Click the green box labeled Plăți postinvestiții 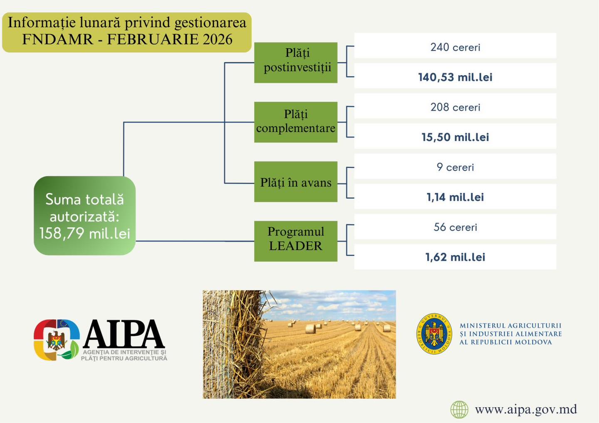pyautogui.click(x=295, y=62)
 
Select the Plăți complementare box pyautogui.click(x=295, y=122)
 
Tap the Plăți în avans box pyautogui.click(x=295, y=182)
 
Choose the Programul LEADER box pyautogui.click(x=295, y=241)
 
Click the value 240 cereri pyautogui.click(x=455, y=47)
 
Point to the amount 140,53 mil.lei pyautogui.click(x=455, y=77)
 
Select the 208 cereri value pyautogui.click(x=455, y=107)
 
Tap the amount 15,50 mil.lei pyautogui.click(x=455, y=137)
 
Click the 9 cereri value pyautogui.click(x=455, y=167)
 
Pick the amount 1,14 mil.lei pyautogui.click(x=455, y=197)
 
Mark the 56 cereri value pyautogui.click(x=455, y=227)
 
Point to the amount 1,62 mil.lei pyautogui.click(x=455, y=257)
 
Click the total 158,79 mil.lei pyautogui.click(x=85, y=233)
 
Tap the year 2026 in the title pyautogui.click(x=218, y=39)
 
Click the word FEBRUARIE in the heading pyautogui.click(x=152, y=39)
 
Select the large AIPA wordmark pyautogui.click(x=124, y=334)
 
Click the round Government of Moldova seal pyautogui.click(x=434, y=334)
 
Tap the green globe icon pyautogui.click(x=459, y=409)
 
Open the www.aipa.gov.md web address pyautogui.click(x=526, y=410)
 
